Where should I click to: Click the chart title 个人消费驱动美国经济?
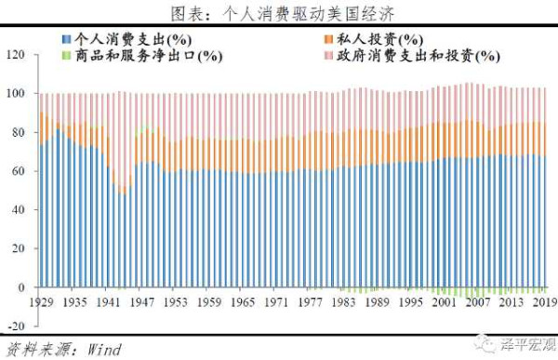tap(279, 13)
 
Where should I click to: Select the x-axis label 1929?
tap(40, 302)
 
